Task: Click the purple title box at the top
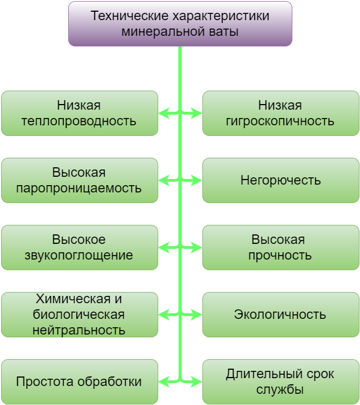(180, 23)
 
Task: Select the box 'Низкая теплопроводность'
(79, 113)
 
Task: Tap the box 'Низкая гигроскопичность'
(281, 113)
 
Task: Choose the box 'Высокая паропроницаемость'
(79, 180)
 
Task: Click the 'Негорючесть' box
(281, 180)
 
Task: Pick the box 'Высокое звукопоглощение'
(79, 247)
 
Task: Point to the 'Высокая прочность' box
(281, 247)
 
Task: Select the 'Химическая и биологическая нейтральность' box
(79, 314)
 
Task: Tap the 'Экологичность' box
(281, 314)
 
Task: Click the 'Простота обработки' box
(79, 382)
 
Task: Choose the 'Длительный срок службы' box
(281, 382)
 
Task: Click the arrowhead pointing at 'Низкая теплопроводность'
(163, 114)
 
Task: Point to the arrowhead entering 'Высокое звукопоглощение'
(163, 248)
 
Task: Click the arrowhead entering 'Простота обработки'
(163, 383)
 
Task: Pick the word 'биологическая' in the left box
(79, 314)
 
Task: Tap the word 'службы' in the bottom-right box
(280, 389)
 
